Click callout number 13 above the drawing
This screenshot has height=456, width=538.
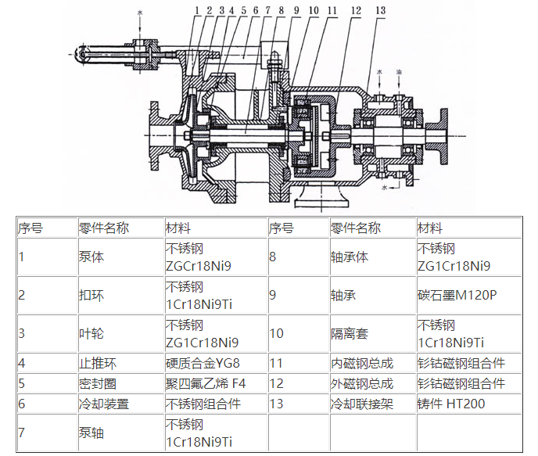(380, 10)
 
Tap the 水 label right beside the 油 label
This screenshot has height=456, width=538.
(379, 71)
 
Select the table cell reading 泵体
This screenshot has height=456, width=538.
(91, 257)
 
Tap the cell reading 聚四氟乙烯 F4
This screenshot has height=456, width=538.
(206, 383)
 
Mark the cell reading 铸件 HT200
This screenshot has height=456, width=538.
(450, 404)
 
